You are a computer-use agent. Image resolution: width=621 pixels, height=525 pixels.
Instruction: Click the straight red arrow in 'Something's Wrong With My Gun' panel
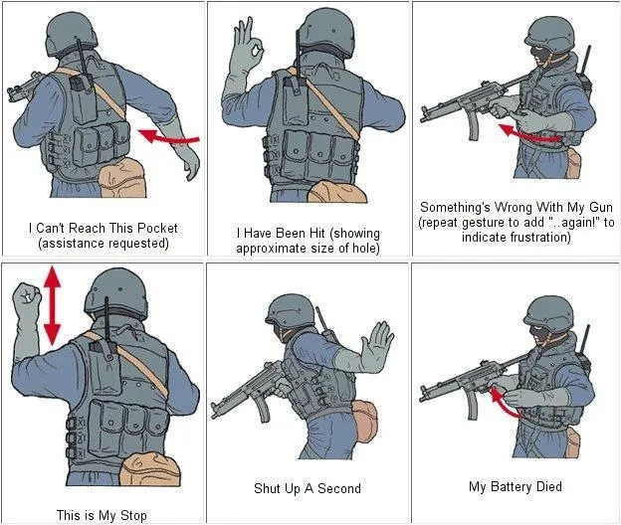[531, 134]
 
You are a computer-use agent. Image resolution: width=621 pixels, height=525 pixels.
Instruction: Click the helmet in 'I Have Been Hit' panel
[327, 31]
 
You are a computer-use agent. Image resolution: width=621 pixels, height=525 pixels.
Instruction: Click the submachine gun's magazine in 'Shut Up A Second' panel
[263, 409]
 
